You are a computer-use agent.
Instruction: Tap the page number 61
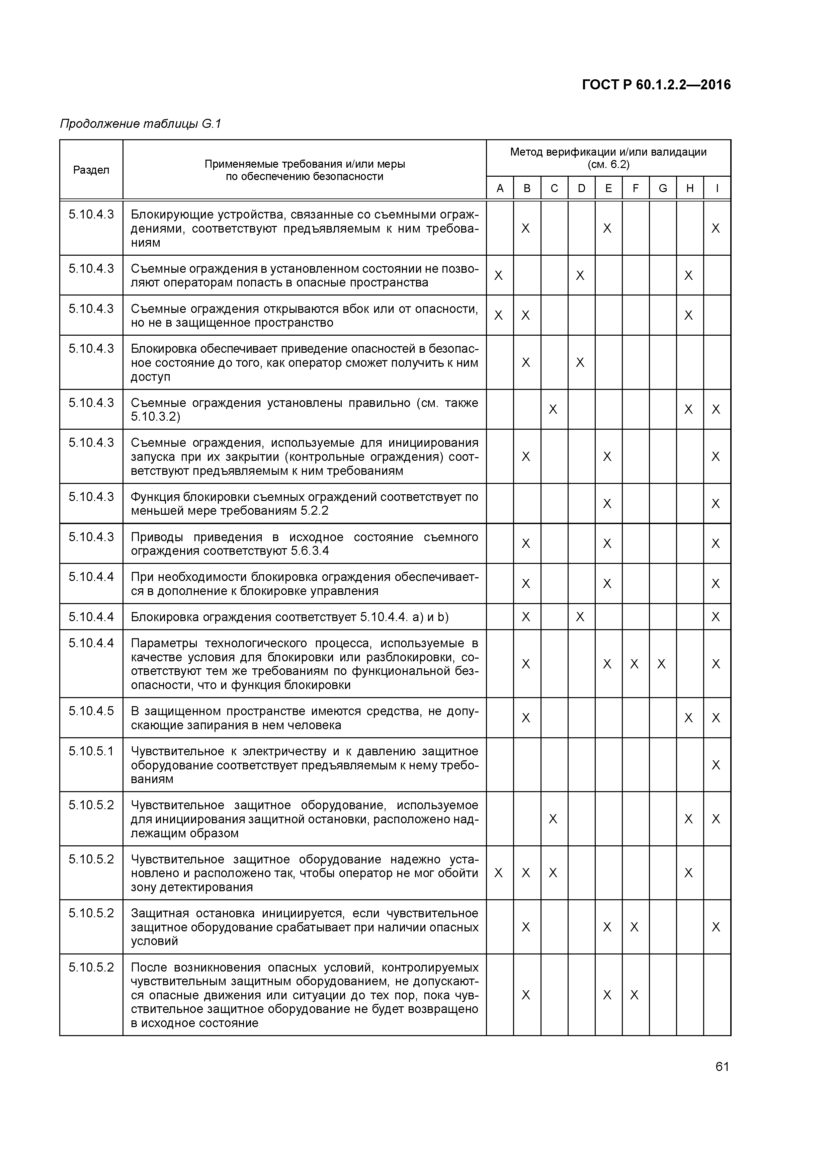(x=722, y=1067)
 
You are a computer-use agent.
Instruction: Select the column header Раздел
(x=91, y=170)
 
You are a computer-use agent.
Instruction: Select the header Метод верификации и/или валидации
(x=608, y=152)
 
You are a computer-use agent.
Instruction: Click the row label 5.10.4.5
(x=91, y=711)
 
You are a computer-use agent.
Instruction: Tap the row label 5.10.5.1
(x=91, y=751)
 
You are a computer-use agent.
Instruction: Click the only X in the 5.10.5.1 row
(x=716, y=765)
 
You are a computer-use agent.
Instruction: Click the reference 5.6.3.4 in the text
(x=310, y=551)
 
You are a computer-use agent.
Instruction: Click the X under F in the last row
(x=634, y=995)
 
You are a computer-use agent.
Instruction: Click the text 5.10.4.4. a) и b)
(x=404, y=617)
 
